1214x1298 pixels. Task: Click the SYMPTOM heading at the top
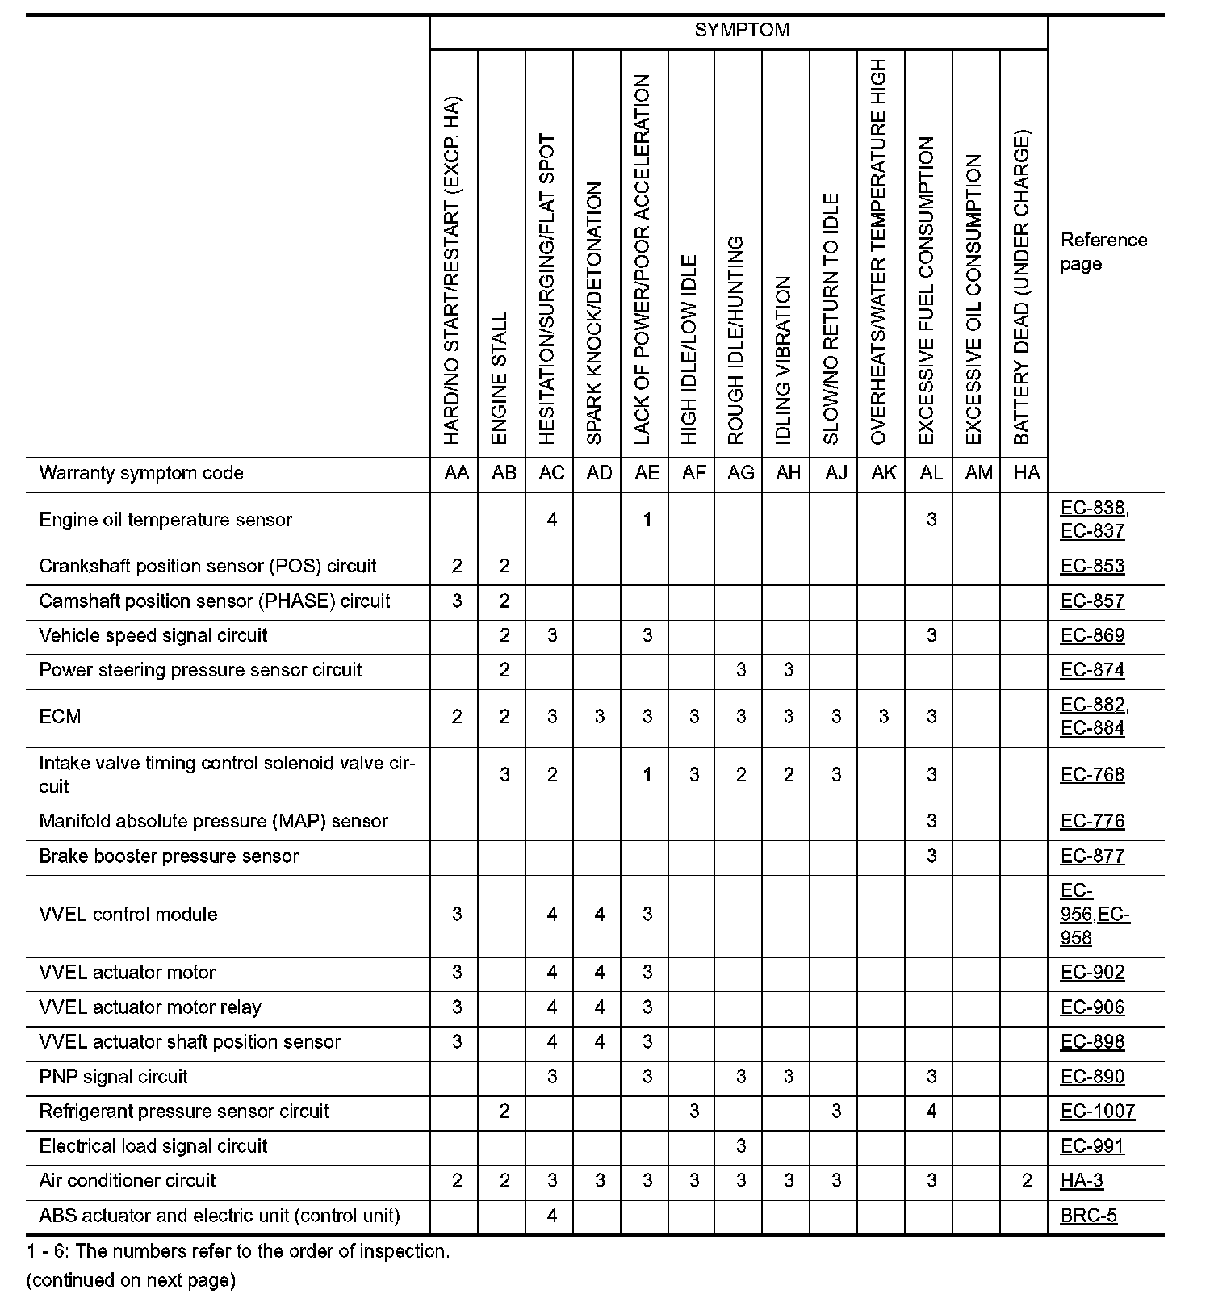[741, 31]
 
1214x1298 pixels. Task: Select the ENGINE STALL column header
[500, 378]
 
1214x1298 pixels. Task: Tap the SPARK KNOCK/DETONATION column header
[595, 313]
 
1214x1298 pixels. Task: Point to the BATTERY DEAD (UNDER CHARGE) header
[1022, 287]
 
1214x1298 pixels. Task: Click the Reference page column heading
[1103, 252]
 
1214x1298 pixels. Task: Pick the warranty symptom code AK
[883, 473]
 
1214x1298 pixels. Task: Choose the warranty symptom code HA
[1026, 473]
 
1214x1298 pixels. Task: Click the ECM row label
[60, 717]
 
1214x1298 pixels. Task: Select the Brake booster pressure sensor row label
[169, 856]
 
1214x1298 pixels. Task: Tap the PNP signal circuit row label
[113, 1077]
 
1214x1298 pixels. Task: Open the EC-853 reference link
[1092, 567]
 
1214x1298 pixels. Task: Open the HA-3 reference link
[1082, 1181]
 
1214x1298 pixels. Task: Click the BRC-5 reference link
[1089, 1216]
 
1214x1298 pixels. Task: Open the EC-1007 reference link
[1098, 1112]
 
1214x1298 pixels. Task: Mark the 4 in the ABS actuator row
[551, 1216]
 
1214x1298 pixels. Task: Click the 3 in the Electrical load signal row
[741, 1146]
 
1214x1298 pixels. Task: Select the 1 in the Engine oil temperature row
[647, 520]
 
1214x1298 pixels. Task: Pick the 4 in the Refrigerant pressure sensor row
[931, 1112]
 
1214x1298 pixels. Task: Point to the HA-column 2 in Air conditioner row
[1026, 1181]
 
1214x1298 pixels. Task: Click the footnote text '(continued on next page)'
[131, 1280]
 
